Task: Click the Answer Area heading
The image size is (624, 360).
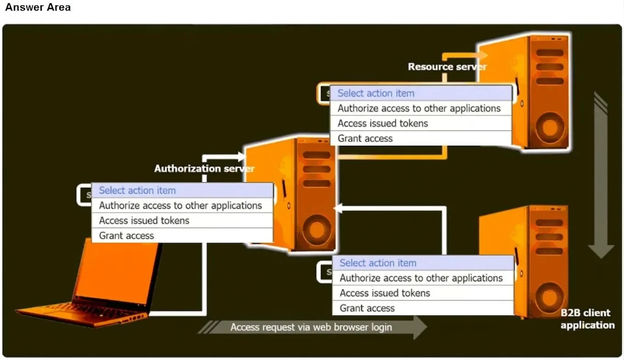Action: point(38,7)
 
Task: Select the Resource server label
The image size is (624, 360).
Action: point(447,67)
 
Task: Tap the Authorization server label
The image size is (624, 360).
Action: point(204,169)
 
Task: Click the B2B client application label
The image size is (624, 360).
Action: point(587,319)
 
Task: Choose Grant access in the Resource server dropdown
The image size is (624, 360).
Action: point(365,138)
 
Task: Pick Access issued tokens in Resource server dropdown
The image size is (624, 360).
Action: point(383,123)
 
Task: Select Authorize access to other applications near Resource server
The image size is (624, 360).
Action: point(419,108)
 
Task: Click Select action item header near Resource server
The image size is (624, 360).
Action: point(376,93)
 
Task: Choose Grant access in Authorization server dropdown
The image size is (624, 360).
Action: point(126,236)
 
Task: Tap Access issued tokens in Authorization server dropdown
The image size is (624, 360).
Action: point(144,220)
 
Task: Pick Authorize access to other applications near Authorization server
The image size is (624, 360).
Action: point(180,205)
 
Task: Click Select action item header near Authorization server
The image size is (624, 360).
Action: point(137,190)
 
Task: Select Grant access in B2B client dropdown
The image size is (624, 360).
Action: point(367,308)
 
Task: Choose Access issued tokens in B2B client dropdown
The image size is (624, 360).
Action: point(385,293)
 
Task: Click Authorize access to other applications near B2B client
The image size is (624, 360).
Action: point(421,278)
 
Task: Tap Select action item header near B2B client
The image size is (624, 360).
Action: point(378,263)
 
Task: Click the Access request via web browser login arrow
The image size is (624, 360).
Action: point(312,327)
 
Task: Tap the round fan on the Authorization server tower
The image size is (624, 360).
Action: point(316,230)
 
